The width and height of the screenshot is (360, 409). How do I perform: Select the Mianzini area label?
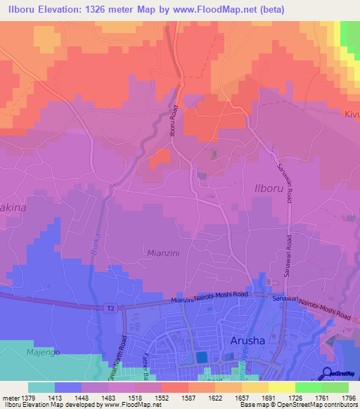(x=166, y=251)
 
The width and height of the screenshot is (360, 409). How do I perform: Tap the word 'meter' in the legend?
(x=10, y=397)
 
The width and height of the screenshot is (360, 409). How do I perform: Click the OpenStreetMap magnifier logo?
(x=328, y=372)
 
